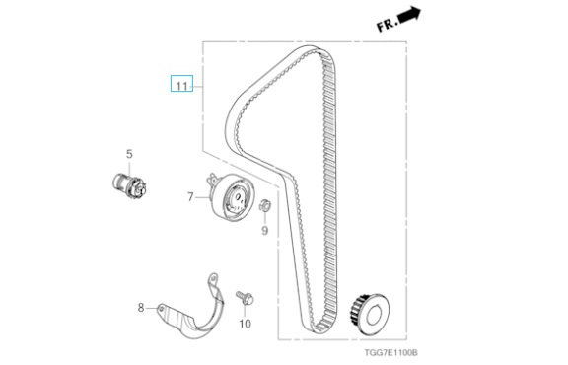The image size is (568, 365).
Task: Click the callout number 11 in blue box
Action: pyautogui.click(x=181, y=86)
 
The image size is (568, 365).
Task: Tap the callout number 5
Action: pyautogui.click(x=129, y=154)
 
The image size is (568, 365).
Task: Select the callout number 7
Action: pyautogui.click(x=190, y=197)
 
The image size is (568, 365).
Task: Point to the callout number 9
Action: pyautogui.click(x=265, y=230)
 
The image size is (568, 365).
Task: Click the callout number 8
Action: pyautogui.click(x=141, y=308)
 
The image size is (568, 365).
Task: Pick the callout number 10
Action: pyautogui.click(x=246, y=324)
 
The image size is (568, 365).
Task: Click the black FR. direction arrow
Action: pyautogui.click(x=409, y=15)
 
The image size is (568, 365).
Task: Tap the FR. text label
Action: pyautogui.click(x=387, y=26)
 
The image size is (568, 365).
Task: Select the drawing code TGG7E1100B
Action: pyautogui.click(x=391, y=352)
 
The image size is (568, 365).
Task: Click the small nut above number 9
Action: pyautogui.click(x=265, y=205)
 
